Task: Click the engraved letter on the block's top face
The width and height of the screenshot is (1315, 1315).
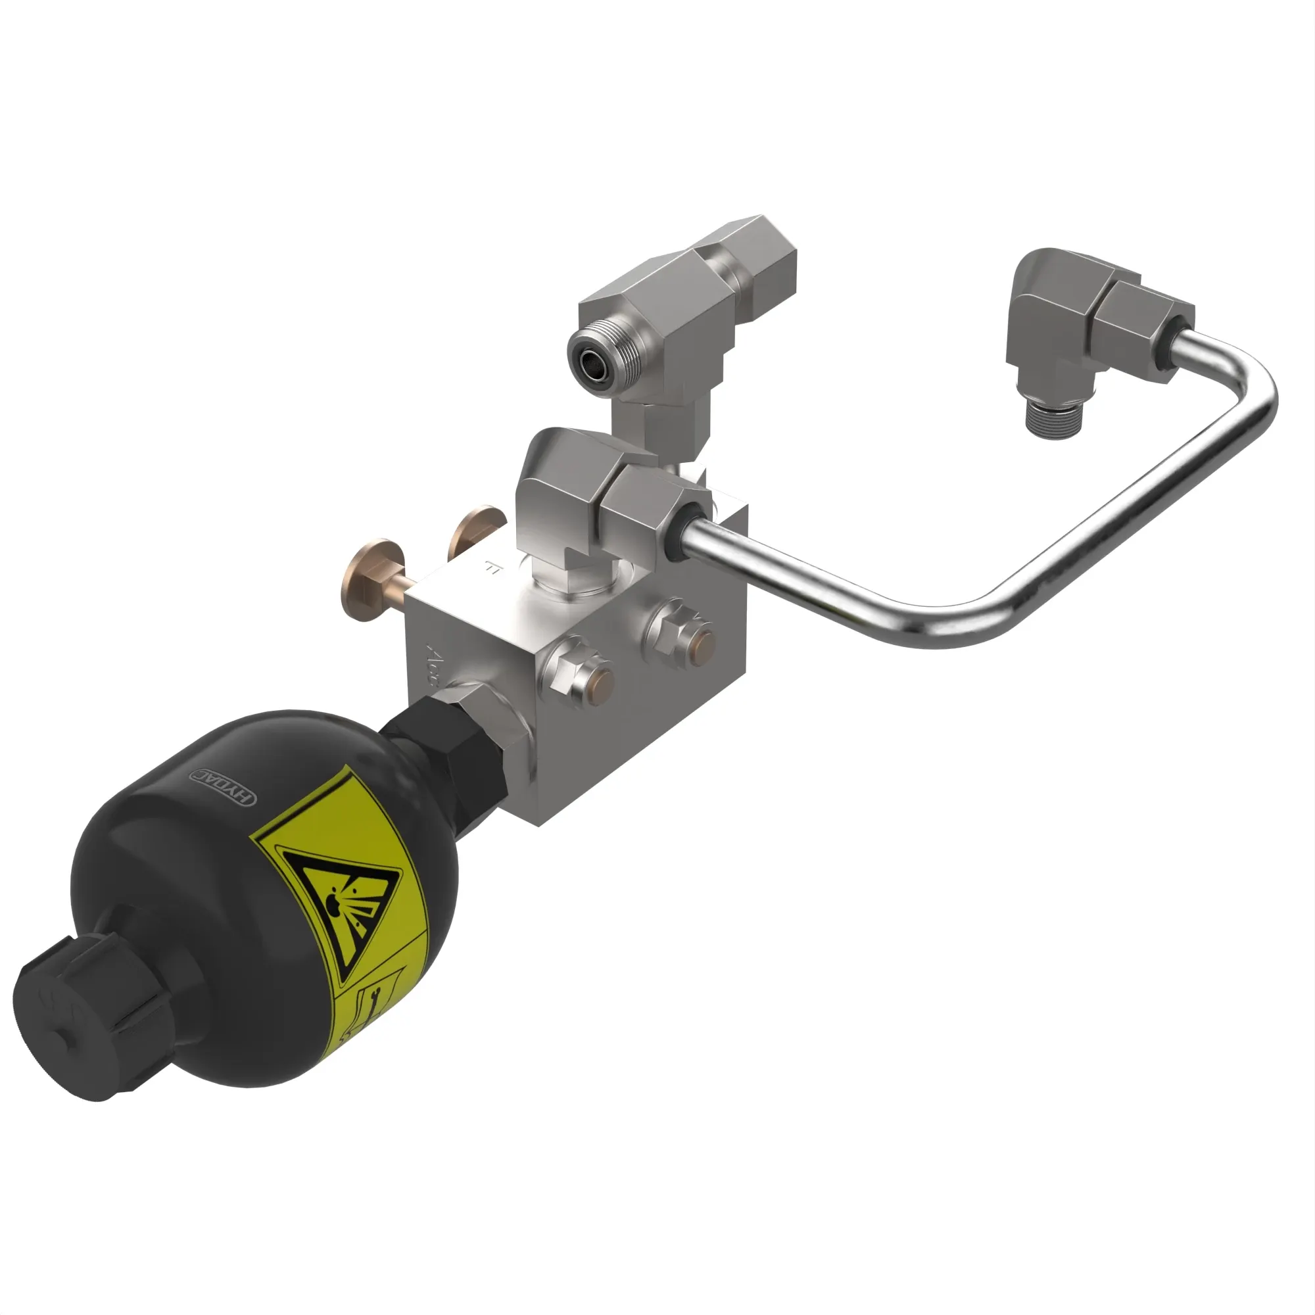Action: click(492, 566)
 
